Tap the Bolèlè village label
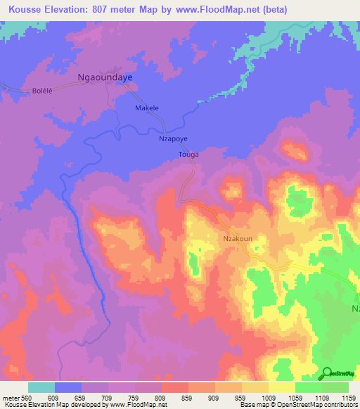(43, 91)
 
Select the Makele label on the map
(147, 108)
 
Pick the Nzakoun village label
(238, 238)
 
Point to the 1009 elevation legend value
(269, 398)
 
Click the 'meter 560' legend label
(15, 398)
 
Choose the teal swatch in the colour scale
(41, 387)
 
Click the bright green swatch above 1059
(308, 387)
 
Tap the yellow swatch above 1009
(281, 387)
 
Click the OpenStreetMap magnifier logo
(326, 374)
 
